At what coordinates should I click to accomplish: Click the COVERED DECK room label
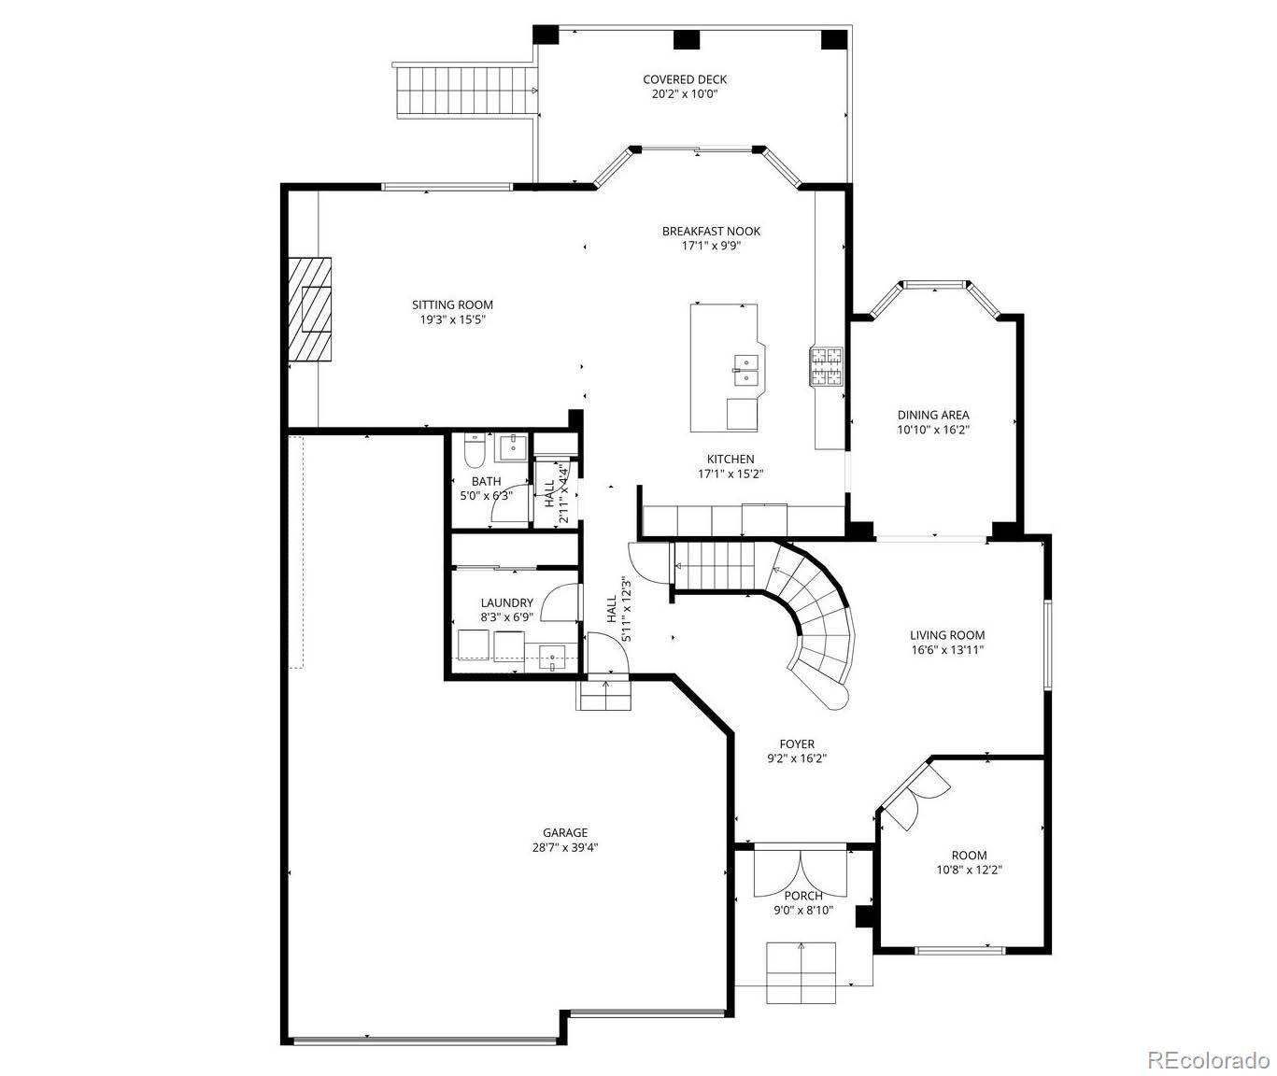pos(684,79)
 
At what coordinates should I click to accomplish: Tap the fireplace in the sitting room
pos(310,309)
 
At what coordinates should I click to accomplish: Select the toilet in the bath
pos(474,451)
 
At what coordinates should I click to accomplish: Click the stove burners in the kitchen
pos(826,366)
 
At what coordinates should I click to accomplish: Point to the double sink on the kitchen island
pos(745,370)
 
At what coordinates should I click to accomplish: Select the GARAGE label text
pos(565,832)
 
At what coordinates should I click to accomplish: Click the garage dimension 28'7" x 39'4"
pos(565,848)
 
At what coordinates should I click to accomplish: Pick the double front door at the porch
pos(801,869)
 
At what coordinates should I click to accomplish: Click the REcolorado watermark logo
pos(1208,1059)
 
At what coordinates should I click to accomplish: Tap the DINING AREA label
pos(932,415)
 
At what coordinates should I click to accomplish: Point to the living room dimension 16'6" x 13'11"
pos(947,650)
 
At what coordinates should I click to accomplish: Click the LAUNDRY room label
pos(506,602)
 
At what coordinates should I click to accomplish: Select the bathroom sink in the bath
pos(512,447)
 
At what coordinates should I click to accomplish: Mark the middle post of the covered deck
pos(687,39)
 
